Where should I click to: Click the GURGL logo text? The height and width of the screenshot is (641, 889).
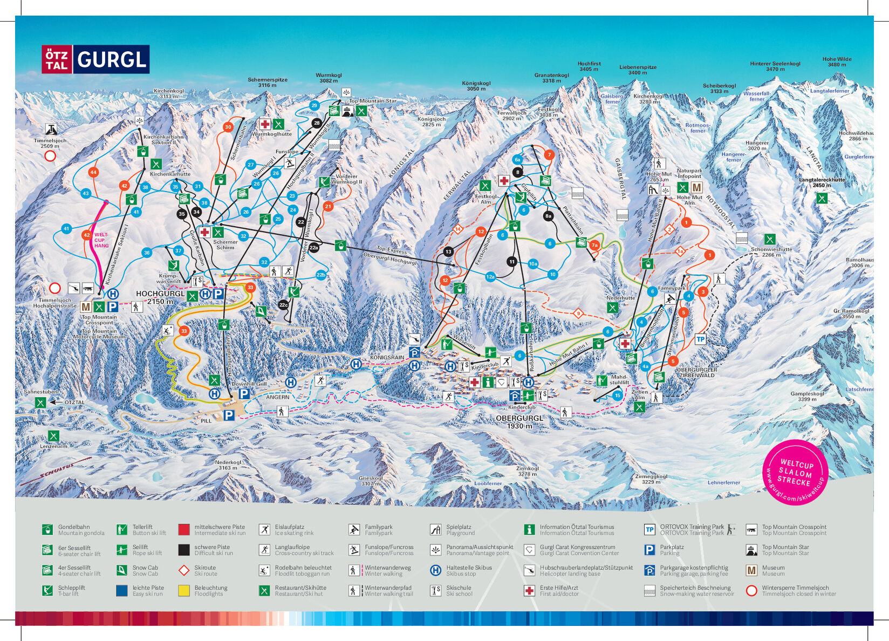(x=112, y=59)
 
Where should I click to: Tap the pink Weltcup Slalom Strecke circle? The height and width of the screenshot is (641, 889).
(x=795, y=472)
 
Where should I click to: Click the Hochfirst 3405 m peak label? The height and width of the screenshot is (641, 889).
(x=589, y=66)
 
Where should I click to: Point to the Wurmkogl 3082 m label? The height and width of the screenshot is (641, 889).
(x=329, y=78)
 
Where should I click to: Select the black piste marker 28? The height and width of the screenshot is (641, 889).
(x=317, y=123)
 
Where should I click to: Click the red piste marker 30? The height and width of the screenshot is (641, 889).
(x=228, y=127)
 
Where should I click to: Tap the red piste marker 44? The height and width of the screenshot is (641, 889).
(x=93, y=172)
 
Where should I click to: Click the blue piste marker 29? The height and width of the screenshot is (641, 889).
(x=314, y=105)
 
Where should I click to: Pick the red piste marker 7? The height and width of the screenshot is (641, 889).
(x=549, y=154)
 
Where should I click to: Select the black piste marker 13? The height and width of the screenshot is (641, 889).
(x=448, y=251)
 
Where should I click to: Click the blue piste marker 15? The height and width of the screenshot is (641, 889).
(x=617, y=395)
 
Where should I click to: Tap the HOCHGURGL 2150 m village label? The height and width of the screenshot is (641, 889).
(x=160, y=297)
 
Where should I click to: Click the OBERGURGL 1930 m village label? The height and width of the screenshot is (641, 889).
(x=519, y=422)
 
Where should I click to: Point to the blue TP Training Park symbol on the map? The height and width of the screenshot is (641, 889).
(x=700, y=339)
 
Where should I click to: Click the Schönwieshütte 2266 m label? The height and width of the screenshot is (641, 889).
(x=771, y=252)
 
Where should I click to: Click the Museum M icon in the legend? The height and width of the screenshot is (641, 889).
(x=751, y=570)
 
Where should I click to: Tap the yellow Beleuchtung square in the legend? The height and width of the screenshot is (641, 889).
(x=184, y=590)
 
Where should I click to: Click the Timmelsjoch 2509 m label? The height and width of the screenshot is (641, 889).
(x=50, y=143)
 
